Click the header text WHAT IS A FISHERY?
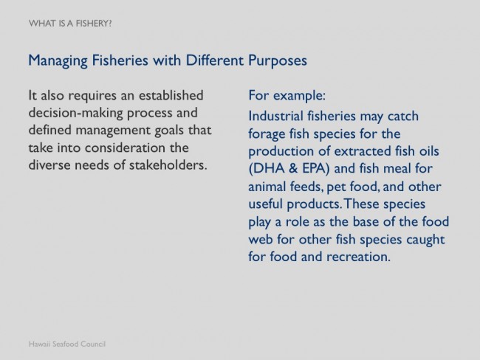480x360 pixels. click(70, 24)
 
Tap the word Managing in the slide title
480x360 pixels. click(58, 60)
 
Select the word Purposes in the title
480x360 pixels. click(278, 60)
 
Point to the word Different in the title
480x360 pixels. click(215, 60)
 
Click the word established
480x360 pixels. click(171, 95)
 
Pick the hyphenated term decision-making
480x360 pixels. click(76, 113)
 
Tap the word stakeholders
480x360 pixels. click(168, 165)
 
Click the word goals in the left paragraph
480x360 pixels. click(169, 131)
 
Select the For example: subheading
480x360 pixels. click(287, 95)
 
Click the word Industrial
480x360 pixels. click(276, 117)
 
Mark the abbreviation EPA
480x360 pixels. click(315, 169)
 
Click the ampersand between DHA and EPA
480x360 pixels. click(293, 169)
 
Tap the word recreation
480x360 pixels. click(358, 257)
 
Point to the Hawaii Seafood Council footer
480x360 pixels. click(67, 344)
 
